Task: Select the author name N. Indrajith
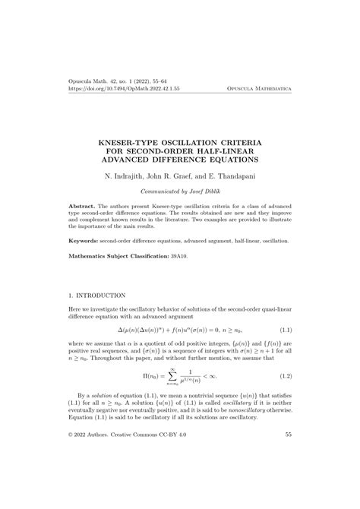(131, 175)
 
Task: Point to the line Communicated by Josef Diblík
(179, 192)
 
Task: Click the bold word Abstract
(81, 206)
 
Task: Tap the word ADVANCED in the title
(131, 160)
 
